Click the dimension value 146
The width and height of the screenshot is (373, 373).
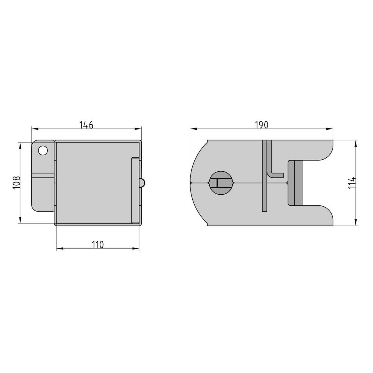pyautogui.click(x=86, y=125)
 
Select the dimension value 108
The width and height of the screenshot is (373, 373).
pyautogui.click(x=16, y=182)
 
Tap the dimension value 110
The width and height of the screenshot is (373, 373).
pyautogui.click(x=98, y=245)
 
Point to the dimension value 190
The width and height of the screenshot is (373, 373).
pyautogui.click(x=261, y=125)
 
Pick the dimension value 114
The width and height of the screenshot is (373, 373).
pyautogui.click(x=352, y=182)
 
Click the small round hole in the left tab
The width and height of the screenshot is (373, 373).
pyautogui.click(x=43, y=150)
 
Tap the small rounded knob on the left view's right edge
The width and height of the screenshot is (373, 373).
pyautogui.click(x=142, y=183)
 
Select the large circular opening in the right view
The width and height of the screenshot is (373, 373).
pyautogui.click(x=221, y=183)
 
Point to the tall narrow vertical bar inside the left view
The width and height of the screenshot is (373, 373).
pyautogui.click(x=135, y=191)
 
